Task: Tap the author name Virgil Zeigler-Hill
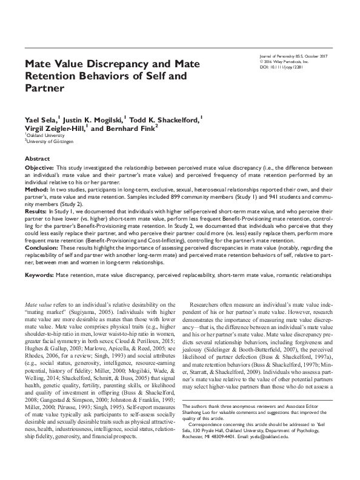(x=55, y=129)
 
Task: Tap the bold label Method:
(x=36, y=190)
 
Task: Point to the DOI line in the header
(x=282, y=67)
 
